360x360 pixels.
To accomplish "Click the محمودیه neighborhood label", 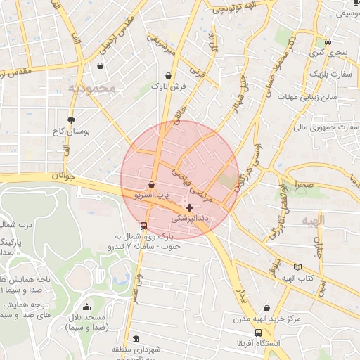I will [91, 89].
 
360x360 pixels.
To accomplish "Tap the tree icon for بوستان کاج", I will [71, 120].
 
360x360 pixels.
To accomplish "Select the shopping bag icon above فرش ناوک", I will [168, 75].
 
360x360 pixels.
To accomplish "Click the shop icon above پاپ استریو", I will [152, 184].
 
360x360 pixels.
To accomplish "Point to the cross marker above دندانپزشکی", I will [189, 207].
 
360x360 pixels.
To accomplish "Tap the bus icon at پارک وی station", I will [144, 226].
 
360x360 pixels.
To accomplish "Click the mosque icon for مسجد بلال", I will [86, 307].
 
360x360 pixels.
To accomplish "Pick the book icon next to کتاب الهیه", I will [298, 267].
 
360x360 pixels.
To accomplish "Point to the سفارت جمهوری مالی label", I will [326, 128].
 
